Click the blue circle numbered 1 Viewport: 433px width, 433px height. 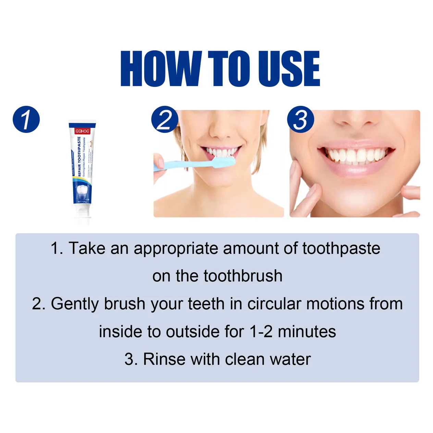click(26, 120)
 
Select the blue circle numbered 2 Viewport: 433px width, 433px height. click(165, 120)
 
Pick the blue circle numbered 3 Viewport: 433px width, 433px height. click(300, 120)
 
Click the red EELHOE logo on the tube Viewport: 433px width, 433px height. click(82, 131)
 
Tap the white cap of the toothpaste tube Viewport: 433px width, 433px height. click(83, 213)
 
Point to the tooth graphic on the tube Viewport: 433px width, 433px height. click(83, 192)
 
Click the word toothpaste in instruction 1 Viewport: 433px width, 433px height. click(341, 248)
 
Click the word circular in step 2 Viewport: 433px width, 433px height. click(274, 304)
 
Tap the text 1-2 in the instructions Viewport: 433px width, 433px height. click(261, 332)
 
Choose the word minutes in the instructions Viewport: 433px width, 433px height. click(307, 332)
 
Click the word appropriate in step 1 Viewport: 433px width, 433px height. click(176, 249)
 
